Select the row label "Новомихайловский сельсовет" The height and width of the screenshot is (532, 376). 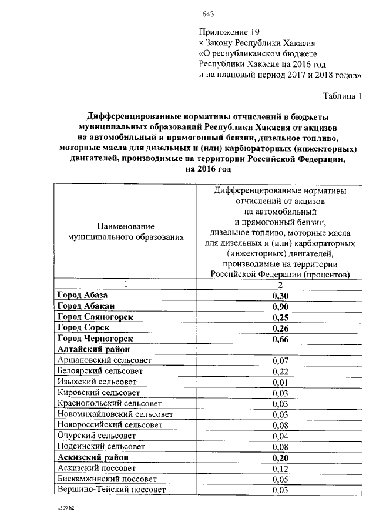coord(115,414)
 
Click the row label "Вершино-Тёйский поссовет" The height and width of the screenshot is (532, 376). coord(112,489)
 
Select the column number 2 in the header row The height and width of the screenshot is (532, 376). coord(281,285)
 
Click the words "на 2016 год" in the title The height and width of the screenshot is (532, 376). coord(209,169)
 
